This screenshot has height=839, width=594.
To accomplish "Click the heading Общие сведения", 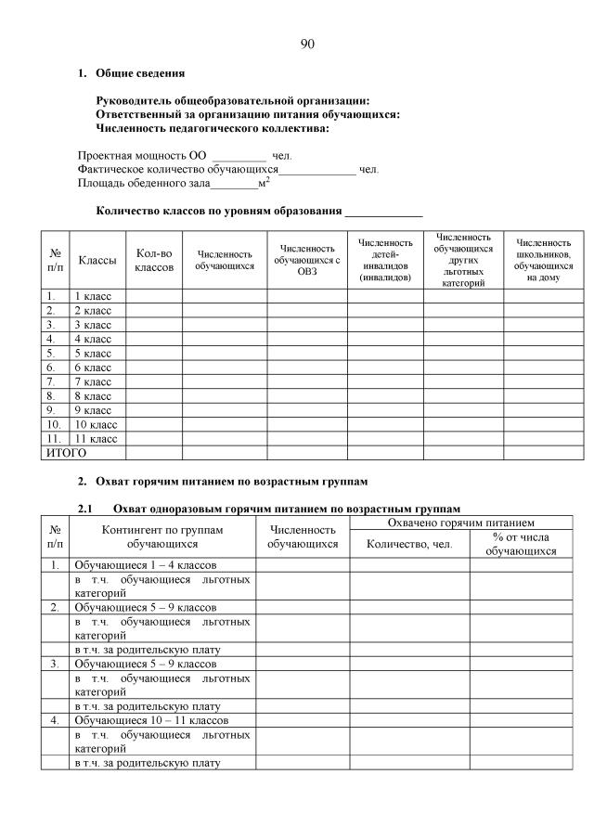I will pyautogui.click(x=140, y=72).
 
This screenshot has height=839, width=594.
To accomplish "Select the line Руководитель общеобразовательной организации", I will pyautogui.click(x=233, y=100).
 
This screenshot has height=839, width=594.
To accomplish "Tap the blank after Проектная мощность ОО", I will pyautogui.click(x=239, y=155).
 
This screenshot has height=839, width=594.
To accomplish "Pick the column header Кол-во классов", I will pyautogui.click(x=154, y=260).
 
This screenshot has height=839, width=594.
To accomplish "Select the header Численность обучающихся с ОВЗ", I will pyautogui.click(x=307, y=260).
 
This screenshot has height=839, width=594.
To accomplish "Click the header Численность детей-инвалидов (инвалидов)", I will pyautogui.click(x=385, y=260).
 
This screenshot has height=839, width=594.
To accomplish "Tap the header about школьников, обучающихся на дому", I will pyautogui.click(x=543, y=260).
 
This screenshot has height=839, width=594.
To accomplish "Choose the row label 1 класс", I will pyautogui.click(x=92, y=296).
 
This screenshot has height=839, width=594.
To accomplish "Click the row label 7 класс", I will pyautogui.click(x=92, y=381).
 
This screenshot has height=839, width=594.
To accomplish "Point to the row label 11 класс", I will pyautogui.click(x=95, y=438).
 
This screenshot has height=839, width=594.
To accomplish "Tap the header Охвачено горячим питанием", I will pyautogui.click(x=455, y=523).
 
